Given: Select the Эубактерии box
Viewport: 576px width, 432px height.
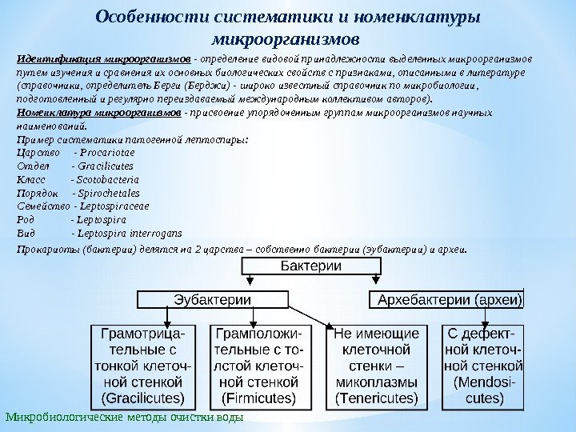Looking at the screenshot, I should (212, 300).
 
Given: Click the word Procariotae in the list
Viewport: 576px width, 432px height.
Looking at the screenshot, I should (110, 152).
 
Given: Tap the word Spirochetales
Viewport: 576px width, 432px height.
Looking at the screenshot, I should (110, 193).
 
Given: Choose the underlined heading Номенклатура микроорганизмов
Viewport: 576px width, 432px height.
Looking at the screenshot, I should (99, 114).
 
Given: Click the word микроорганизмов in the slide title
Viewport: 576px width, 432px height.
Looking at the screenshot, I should (287, 38).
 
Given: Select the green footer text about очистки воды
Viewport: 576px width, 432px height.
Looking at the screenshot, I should (123, 418).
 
